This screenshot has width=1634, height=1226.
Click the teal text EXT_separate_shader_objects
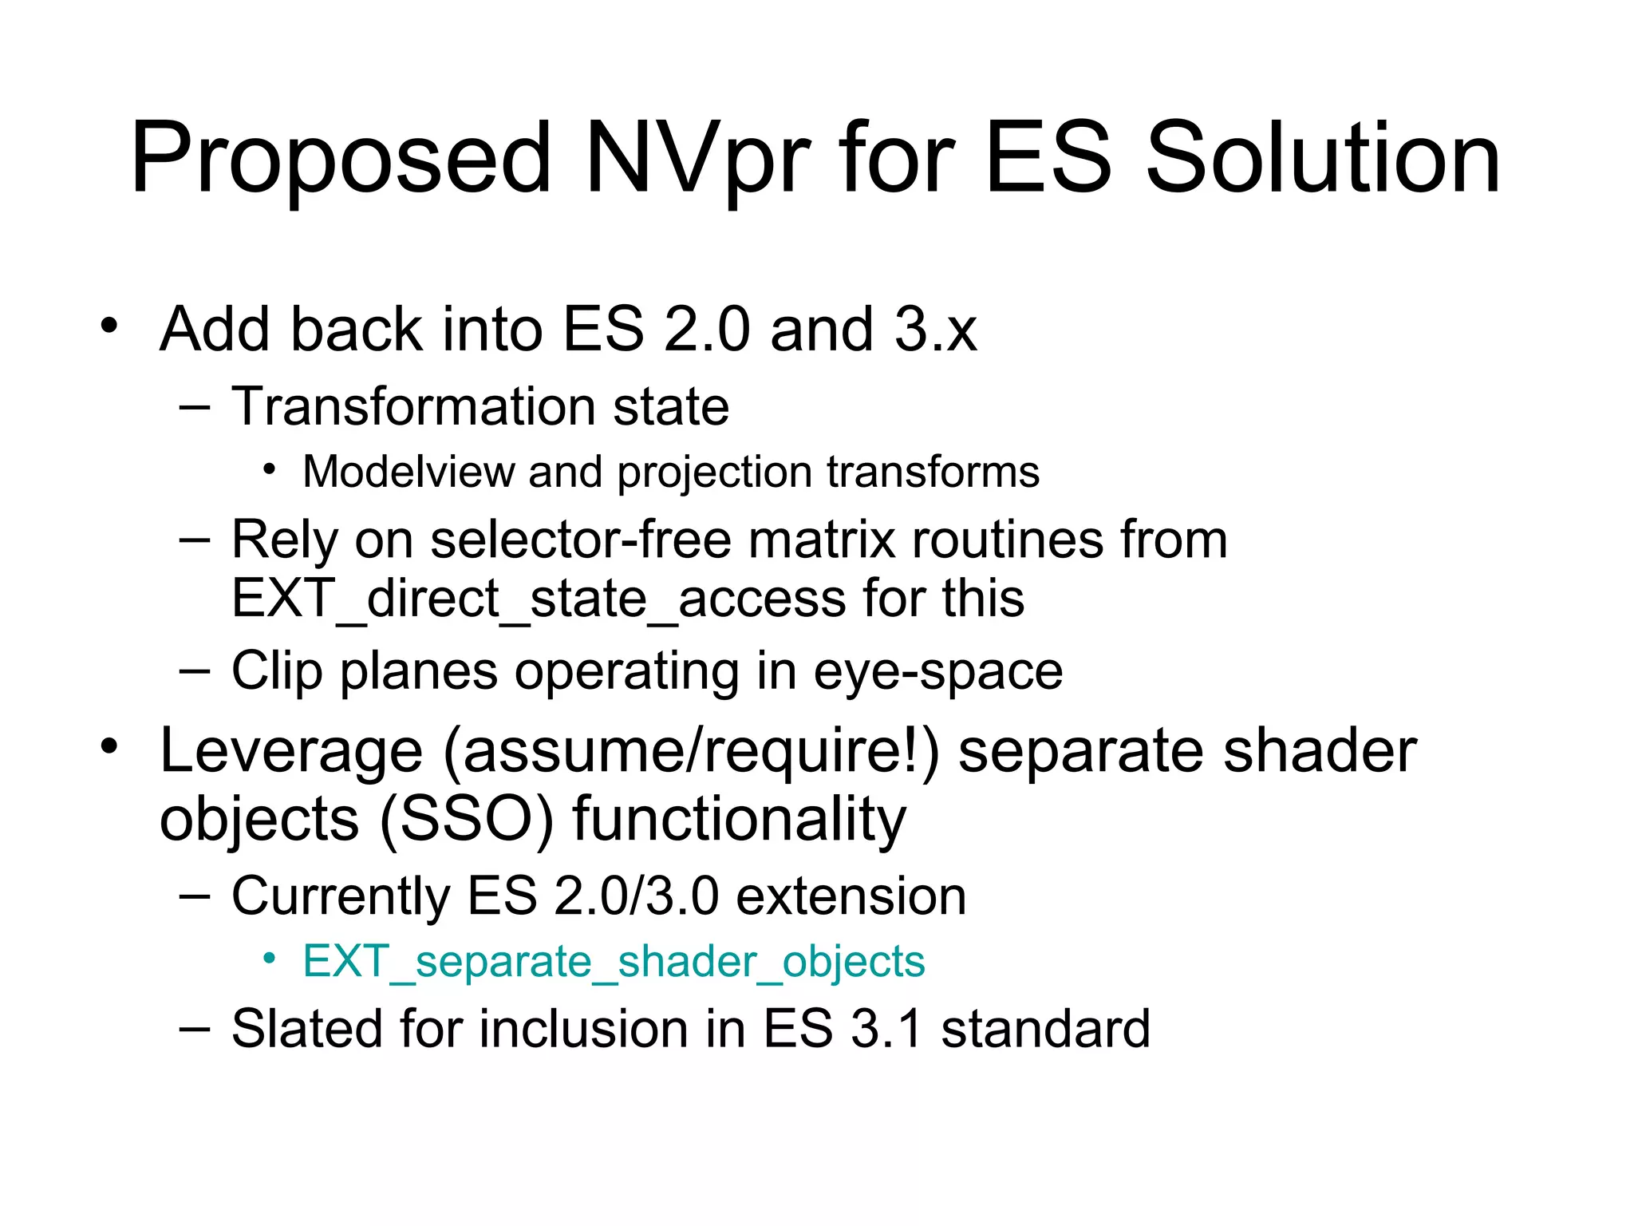tap(614, 961)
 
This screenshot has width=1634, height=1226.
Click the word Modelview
tap(408, 471)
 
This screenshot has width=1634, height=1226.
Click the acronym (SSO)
tap(466, 820)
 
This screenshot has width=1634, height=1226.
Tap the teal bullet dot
tap(270, 959)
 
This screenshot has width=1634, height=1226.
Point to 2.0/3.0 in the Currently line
tap(636, 896)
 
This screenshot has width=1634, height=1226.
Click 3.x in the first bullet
tap(935, 329)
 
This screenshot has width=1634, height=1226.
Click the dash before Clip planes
tap(195, 670)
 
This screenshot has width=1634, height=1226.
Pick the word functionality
tap(739, 820)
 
